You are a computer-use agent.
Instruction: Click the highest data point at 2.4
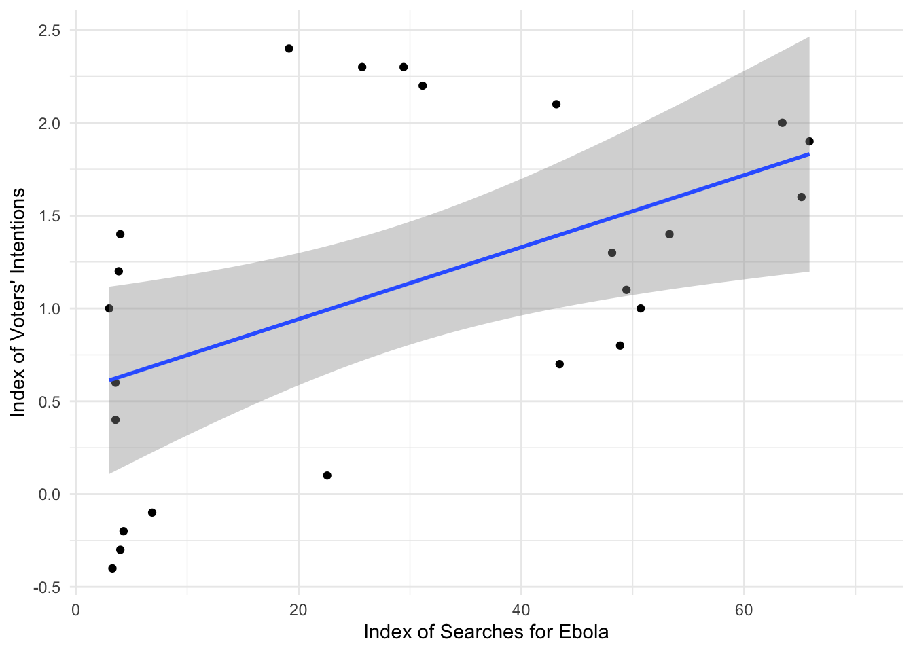[289, 48]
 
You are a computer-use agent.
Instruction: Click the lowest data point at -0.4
[112, 568]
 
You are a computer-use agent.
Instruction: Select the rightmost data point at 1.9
[809, 141]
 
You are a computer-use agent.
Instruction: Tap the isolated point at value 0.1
[327, 475]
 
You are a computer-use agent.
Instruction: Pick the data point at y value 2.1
[556, 104]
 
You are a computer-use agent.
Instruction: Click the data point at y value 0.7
[560, 364]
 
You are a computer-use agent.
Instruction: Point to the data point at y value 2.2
[423, 86]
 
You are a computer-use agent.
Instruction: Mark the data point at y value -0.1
[152, 513]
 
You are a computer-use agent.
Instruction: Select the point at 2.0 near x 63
[782, 123]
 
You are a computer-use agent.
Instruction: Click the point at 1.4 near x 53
[669, 234]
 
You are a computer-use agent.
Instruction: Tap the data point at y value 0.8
[620, 346]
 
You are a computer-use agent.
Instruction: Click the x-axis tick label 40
[521, 610]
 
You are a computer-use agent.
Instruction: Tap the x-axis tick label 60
[744, 610]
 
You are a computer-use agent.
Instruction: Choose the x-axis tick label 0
[75, 610]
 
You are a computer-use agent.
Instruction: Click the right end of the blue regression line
[808, 154]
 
